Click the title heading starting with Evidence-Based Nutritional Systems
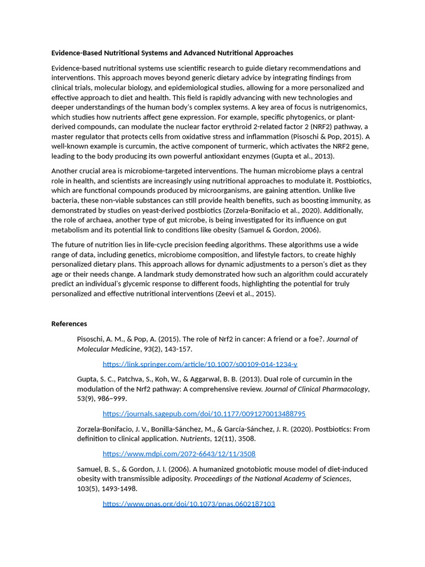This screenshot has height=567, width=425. [x=172, y=53]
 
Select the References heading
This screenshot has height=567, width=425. [x=69, y=324]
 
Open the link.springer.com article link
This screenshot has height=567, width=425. [x=200, y=364]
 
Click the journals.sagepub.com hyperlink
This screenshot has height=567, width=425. [x=204, y=414]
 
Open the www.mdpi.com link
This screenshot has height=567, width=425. [x=179, y=453]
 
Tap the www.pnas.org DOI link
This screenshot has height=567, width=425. [x=189, y=504]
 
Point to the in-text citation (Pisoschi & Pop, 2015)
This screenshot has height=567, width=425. [x=319, y=137]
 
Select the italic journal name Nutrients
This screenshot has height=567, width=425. [x=195, y=439]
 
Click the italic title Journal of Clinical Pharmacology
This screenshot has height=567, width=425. [x=316, y=389]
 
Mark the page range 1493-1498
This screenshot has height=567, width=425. [x=118, y=489]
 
